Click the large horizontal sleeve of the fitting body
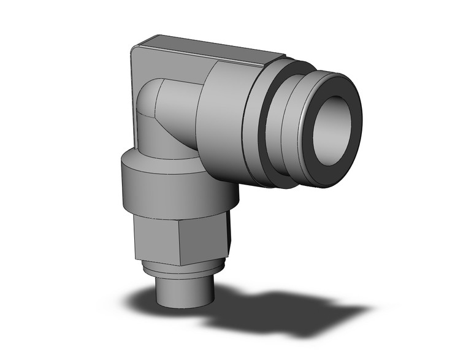(224, 123)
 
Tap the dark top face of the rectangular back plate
(202, 49)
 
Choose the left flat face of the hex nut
(147, 236)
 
